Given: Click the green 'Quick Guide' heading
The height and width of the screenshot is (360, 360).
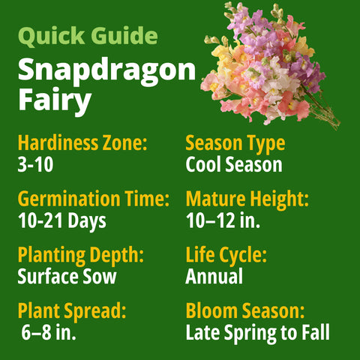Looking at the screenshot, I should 88,36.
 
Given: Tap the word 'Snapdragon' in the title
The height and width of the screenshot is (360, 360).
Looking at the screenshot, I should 106,70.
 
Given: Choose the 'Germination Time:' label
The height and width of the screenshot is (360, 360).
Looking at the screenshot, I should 93,199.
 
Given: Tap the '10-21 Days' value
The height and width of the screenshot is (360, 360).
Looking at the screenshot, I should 61,221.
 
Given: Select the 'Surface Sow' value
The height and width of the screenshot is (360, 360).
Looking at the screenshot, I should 67,277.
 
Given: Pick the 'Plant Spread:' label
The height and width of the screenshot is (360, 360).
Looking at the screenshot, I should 71,311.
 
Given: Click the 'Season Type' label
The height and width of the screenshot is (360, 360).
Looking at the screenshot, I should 235,142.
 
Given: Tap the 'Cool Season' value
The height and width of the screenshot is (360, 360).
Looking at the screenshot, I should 234,164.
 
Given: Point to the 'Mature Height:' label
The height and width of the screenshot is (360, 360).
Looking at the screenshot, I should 247,199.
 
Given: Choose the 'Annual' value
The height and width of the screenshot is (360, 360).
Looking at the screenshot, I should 214,277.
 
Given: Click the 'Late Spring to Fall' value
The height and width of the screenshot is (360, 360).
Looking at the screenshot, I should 257,333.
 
